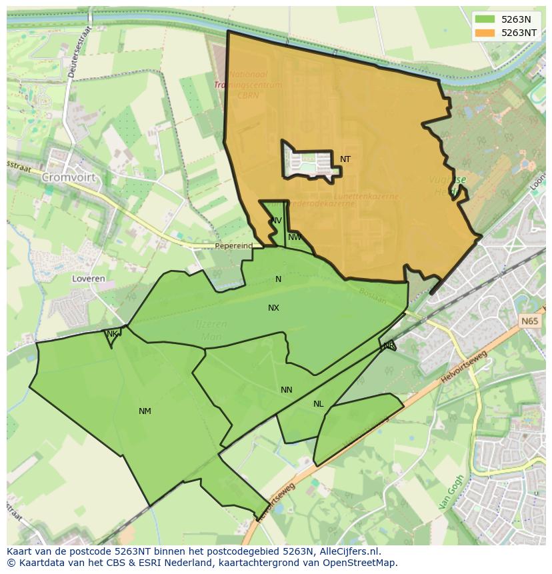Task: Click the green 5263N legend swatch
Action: tap(485, 19)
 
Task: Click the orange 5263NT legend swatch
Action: tap(485, 33)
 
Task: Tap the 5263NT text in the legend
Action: tap(520, 33)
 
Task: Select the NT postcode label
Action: tap(345, 159)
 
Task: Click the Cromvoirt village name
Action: tap(69, 178)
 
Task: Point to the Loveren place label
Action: tap(89, 279)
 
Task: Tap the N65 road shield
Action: tap(529, 321)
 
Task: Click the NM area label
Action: tap(145, 411)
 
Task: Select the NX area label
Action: tap(273, 308)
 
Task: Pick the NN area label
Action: tap(286, 390)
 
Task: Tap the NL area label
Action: tap(318, 404)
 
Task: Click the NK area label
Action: tap(112, 334)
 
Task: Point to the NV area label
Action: tap(276, 221)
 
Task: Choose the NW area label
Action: tap(295, 237)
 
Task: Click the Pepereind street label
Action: tap(233, 246)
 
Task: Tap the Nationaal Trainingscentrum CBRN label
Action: tap(248, 85)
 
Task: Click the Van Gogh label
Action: tap(451, 492)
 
